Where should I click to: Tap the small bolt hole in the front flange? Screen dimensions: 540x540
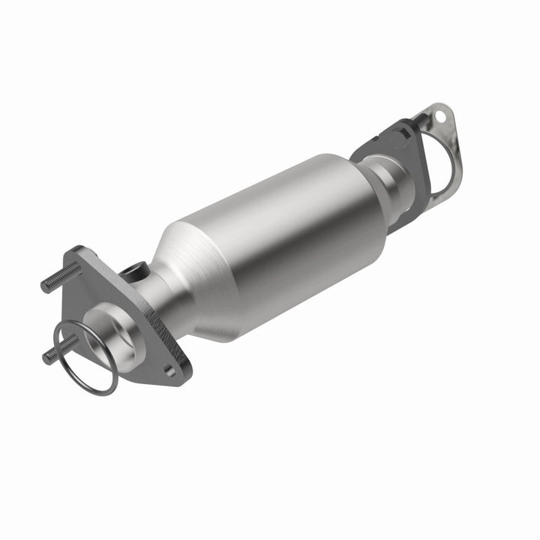(x=170, y=370)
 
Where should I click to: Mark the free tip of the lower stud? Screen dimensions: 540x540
(x=46, y=358)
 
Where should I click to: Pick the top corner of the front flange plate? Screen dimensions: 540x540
(x=81, y=250)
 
